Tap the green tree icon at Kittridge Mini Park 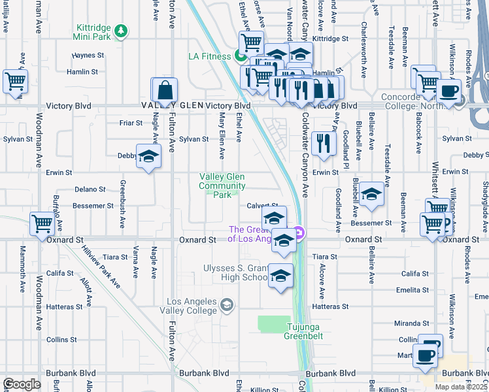pos(120,29)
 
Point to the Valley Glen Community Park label pos(222,186)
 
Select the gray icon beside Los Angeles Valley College pos(226,304)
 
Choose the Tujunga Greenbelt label pos(303,331)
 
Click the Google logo pos(22,384)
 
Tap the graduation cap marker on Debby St pos(149,157)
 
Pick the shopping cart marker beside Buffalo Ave pos(42,223)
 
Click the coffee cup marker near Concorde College pos(449,91)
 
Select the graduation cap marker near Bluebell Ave pos(371,194)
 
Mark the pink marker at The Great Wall pos(299,232)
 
